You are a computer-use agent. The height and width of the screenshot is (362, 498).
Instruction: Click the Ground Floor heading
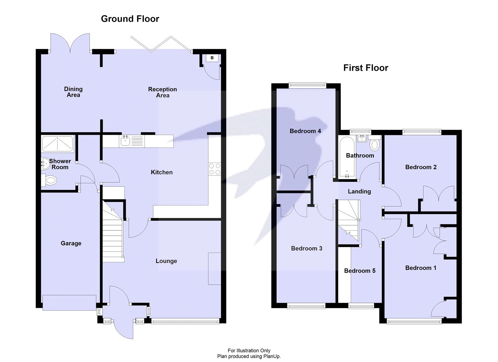tap(130, 19)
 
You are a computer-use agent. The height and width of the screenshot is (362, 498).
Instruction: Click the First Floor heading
tap(365, 68)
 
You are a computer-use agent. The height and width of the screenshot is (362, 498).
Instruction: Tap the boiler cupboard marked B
tap(212, 58)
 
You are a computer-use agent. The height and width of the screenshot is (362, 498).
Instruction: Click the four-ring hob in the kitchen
tap(214, 169)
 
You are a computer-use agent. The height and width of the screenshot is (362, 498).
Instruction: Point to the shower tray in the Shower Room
tap(57, 143)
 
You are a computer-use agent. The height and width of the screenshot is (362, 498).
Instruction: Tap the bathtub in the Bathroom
tap(345, 158)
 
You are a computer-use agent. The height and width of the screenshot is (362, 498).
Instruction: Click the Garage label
tap(71, 243)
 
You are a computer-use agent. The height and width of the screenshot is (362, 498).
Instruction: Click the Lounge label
tap(166, 261)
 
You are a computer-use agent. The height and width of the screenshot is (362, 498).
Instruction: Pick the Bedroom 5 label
tap(359, 271)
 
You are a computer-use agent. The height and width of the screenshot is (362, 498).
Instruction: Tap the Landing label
tap(359, 191)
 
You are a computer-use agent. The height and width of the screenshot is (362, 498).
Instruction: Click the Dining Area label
tap(73, 92)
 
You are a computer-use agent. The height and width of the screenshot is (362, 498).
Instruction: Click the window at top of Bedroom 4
tap(307, 84)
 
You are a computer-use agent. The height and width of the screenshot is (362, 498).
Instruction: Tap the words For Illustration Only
tap(249, 350)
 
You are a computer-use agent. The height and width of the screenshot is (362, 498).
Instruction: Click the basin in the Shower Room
tap(45, 163)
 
